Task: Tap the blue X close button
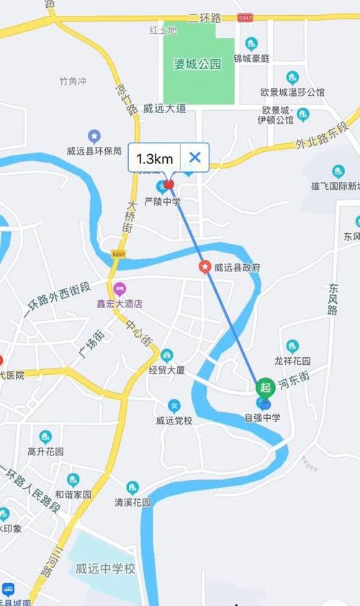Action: tap(194, 158)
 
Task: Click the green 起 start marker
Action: tap(265, 387)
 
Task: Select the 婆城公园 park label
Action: tap(197, 64)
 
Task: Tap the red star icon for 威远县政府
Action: tap(204, 267)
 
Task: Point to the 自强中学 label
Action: tap(262, 417)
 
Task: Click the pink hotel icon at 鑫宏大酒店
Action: tap(119, 289)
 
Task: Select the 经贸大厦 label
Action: tap(167, 371)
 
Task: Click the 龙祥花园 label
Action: tap(292, 361)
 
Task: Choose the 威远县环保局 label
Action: tap(94, 150)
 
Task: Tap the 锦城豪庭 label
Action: tap(251, 58)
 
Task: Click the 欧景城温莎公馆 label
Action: tap(292, 92)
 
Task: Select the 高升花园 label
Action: tap(45, 451)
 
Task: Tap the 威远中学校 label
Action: tap(105, 569)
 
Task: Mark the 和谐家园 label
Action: tap(73, 494)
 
